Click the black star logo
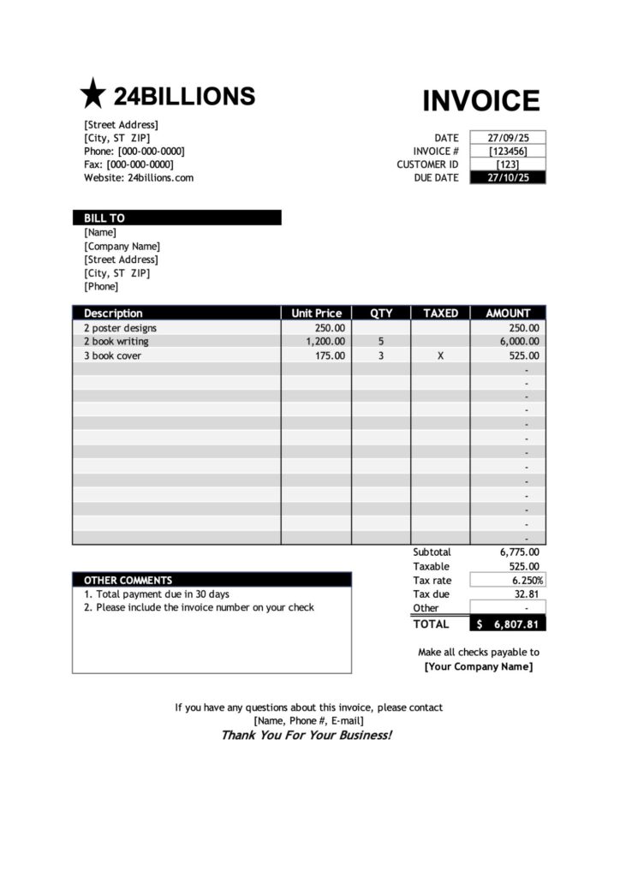pyautogui.click(x=92, y=93)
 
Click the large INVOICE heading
pyautogui.click(x=481, y=100)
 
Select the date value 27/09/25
pyautogui.click(x=508, y=137)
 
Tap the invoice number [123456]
pyautogui.click(x=508, y=151)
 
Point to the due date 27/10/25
pyautogui.click(x=508, y=178)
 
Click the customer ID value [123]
pyautogui.click(x=508, y=164)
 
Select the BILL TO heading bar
pyautogui.click(x=176, y=218)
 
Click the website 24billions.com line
pyautogui.click(x=139, y=178)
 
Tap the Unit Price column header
pyautogui.click(x=316, y=313)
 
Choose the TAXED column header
pyautogui.click(x=440, y=313)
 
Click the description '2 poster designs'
pyautogui.click(x=120, y=328)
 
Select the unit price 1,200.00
pyautogui.click(x=325, y=342)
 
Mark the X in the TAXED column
pyautogui.click(x=440, y=355)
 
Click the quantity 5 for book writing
pyautogui.click(x=381, y=342)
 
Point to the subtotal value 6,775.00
pyautogui.click(x=519, y=552)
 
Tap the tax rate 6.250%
pyautogui.click(x=523, y=581)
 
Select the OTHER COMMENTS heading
pyautogui.click(x=128, y=580)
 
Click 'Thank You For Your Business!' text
pyautogui.click(x=307, y=735)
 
